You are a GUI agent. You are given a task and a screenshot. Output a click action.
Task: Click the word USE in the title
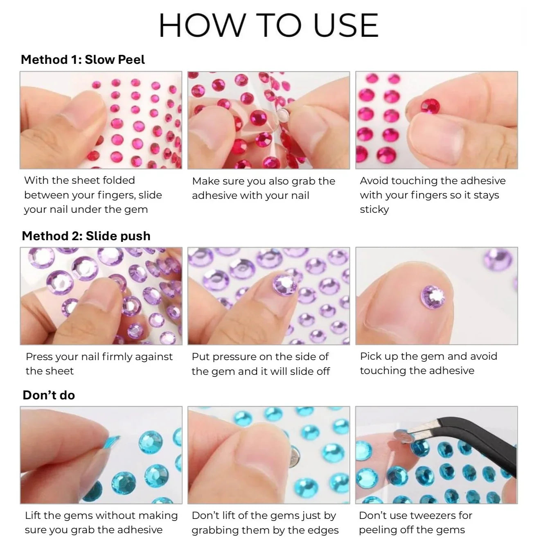pos(346,25)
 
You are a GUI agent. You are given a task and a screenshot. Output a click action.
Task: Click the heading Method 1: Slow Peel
pos(83,59)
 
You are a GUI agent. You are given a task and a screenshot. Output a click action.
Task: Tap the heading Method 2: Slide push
pos(86,236)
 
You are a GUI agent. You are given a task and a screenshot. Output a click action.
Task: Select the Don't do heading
pos(49,395)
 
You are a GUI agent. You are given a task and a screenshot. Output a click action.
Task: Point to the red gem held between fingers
pos(430,106)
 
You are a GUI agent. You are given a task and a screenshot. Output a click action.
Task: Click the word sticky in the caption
pos(374,210)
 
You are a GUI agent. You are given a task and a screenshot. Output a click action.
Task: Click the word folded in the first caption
pos(119,180)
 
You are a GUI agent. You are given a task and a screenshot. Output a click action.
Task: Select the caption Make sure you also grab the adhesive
pos(264,188)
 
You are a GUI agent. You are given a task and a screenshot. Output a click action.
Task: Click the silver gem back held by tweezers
pos(402,437)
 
